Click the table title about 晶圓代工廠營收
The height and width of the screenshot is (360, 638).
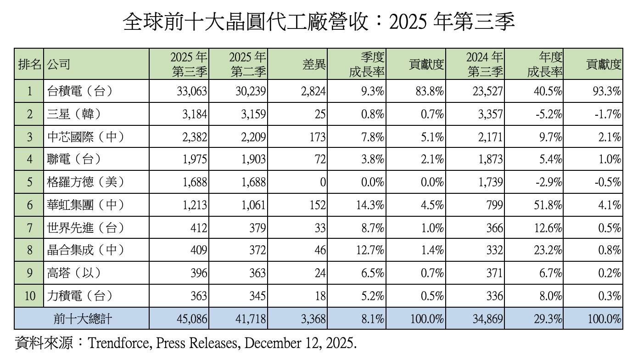(319, 22)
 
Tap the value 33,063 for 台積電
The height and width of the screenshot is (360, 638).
(192, 91)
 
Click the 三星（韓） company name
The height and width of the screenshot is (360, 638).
(73, 114)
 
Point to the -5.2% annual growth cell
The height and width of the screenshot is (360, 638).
(549, 114)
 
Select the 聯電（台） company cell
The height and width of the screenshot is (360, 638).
(73, 159)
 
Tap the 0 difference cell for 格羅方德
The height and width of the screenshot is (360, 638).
(323, 182)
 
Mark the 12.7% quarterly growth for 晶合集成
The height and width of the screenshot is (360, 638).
(369, 250)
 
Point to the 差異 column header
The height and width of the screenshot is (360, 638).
(314, 64)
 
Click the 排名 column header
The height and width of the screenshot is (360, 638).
(29, 64)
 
